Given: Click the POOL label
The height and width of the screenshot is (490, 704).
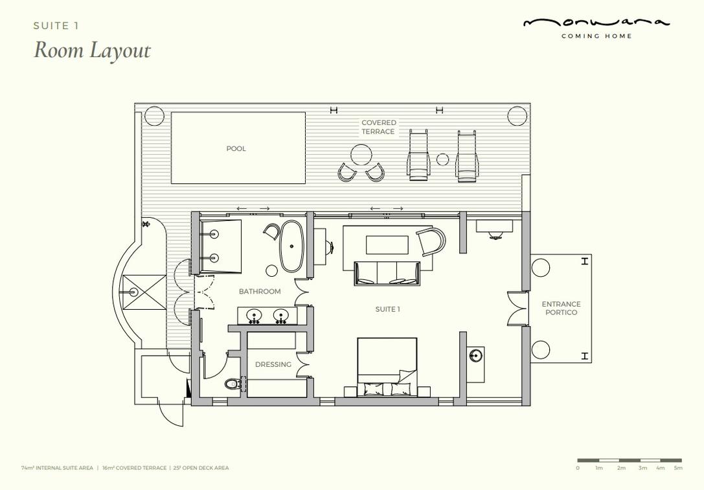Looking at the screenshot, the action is pos(236,148).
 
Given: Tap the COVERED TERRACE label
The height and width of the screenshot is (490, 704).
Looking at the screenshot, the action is pos(378,127).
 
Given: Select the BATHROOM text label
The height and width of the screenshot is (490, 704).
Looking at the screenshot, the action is pos(260,292).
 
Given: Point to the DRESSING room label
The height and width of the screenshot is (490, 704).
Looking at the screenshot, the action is pos(273,364).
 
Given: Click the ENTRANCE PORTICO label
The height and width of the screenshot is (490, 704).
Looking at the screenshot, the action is pos(562,308).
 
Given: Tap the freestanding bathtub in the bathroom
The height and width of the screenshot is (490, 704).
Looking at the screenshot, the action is pos(291,246).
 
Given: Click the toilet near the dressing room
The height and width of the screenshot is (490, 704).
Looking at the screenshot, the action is pos(232,384).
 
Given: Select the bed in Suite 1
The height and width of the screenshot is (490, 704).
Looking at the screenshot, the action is pos(387,367).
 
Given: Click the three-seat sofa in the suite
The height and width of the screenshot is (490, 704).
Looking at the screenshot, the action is pos(387,273).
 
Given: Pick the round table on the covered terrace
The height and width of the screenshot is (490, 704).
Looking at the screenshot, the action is pos(361,155).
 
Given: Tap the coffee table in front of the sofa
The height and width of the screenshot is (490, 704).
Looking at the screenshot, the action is pos(387,245).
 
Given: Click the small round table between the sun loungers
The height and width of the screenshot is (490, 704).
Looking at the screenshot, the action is pos(443,159).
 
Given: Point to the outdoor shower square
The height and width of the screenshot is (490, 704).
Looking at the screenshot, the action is pos(144,292).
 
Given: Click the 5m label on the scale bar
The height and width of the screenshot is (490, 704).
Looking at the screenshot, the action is pos(678,468).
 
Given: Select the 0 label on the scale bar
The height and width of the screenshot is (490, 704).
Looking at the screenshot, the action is pos(578,468).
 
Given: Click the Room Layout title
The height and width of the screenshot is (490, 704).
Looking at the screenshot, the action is pos(92,50).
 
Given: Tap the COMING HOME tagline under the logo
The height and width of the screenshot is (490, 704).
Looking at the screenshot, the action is pos(596,36).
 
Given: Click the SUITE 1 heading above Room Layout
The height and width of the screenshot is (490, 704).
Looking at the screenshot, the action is pos(56,26).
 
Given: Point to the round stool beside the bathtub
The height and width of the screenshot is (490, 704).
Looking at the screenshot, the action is pos(272,270).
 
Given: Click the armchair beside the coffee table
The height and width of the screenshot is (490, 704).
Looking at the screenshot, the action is pos(431,242).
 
